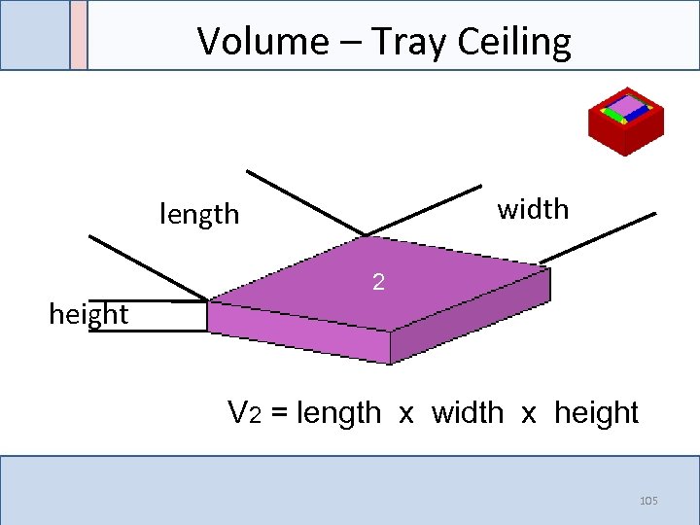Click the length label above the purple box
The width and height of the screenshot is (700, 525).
pos(199,214)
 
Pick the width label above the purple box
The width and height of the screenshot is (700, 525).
pos(533,209)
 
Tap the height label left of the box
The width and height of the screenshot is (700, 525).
pos(88,314)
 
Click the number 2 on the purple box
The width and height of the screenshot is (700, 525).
pos(379,283)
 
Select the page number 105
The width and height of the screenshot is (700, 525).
pos(648,501)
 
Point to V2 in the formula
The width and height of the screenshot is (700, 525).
pos(244,413)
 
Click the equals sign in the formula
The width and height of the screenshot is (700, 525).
pos(279,414)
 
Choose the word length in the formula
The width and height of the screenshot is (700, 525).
pos(338,413)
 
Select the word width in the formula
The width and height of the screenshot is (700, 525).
pos(468,413)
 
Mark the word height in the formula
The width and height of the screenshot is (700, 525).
pos(596,413)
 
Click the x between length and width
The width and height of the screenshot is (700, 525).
pos(406,414)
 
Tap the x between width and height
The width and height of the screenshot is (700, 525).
pos(529,414)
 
